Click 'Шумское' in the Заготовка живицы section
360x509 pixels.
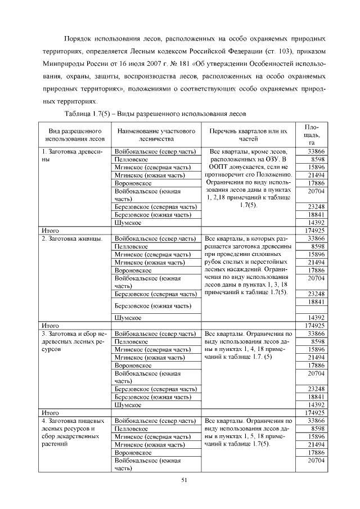[127, 317]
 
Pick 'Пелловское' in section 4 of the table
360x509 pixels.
[131, 428]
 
